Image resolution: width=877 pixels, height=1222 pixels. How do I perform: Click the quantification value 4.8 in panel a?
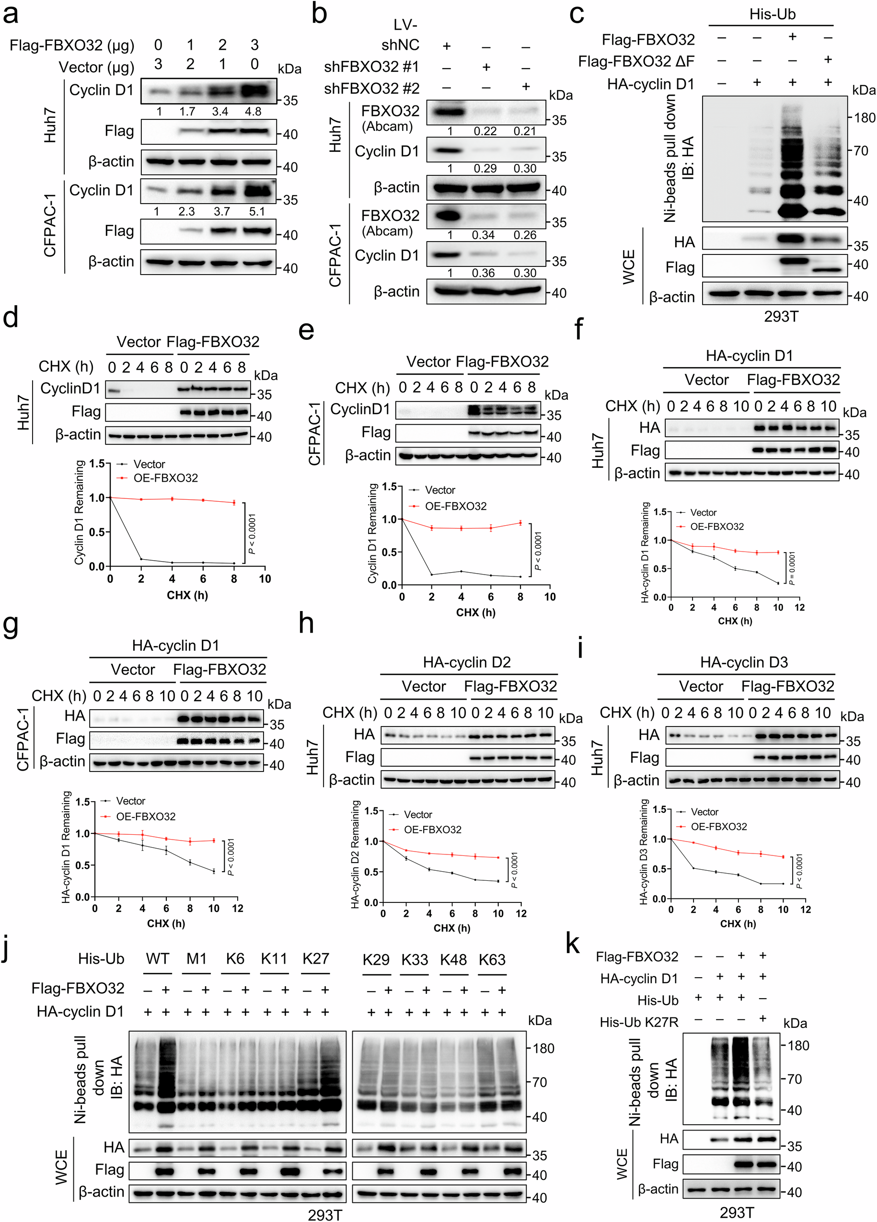pos(253,112)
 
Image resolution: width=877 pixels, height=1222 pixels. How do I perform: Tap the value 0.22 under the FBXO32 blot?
pos(485,131)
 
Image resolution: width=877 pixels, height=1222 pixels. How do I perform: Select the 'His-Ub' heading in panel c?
pos(772,14)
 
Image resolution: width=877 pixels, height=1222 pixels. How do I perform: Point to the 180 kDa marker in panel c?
pos(865,117)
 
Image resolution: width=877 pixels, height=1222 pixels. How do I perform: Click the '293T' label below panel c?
pos(781,317)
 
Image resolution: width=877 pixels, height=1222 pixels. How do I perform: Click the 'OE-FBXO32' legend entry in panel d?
pos(165,478)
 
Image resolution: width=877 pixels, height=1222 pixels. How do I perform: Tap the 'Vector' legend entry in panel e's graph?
pos(439,490)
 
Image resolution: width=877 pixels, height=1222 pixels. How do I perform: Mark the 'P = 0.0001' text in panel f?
pos(791,568)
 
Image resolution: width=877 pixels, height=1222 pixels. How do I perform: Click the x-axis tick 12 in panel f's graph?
pos(799,607)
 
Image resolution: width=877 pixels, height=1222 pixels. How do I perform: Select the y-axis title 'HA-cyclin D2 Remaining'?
pos(355,854)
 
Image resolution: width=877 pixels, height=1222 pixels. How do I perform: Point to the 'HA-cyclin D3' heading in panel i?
pos(743,662)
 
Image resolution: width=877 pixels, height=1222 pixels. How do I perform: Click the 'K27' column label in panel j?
pos(315,958)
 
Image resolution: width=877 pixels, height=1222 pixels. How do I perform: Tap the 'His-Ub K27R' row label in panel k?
pos(639,1022)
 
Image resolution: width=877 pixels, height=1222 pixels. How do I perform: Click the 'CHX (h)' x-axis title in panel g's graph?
pos(165,923)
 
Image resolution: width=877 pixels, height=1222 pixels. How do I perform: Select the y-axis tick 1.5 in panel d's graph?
pos(97,464)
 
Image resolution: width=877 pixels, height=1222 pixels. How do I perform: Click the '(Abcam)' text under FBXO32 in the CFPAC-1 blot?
pos(387,231)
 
